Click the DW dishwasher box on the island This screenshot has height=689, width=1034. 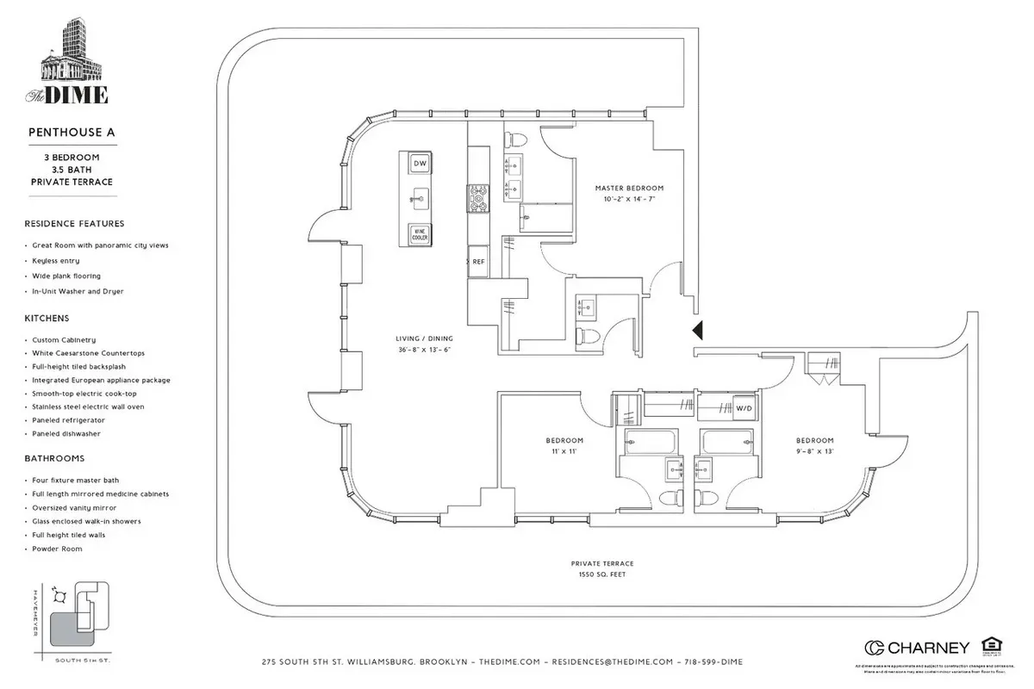pos(420,164)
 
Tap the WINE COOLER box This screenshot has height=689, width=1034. pos(420,233)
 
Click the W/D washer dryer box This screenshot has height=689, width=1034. pos(742,407)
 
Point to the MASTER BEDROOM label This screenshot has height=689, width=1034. pos(630,188)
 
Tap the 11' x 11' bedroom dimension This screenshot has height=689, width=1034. pos(564,450)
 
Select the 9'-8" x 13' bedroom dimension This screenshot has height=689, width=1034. pos(814,450)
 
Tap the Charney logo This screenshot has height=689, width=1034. pos(917,648)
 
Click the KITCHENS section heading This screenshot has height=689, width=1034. pos(47,318)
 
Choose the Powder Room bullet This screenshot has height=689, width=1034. pos(59,549)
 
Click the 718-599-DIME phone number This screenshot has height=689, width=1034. pos(714,661)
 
